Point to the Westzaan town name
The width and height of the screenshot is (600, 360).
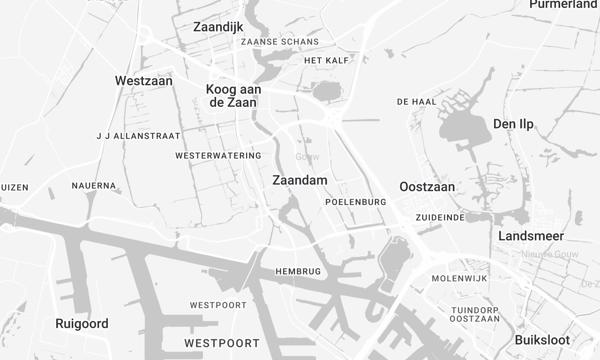click(x=146, y=80)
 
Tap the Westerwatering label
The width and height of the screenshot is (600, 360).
click(x=217, y=156)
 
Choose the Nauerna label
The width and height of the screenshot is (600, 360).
click(x=94, y=186)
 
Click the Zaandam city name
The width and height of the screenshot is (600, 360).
click(x=300, y=180)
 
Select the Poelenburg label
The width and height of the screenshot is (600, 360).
click(x=355, y=202)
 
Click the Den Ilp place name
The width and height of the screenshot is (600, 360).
click(x=516, y=123)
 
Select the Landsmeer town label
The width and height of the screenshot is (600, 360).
click(x=531, y=236)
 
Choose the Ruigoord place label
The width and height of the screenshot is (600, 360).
click(x=82, y=324)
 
